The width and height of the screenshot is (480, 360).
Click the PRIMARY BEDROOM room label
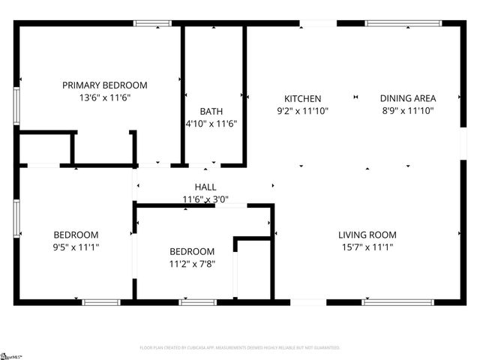pos(104,85)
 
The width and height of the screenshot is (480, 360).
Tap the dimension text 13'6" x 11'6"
pos(104,97)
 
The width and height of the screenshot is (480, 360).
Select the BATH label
pos(211,112)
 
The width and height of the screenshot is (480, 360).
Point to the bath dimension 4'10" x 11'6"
pos(211,124)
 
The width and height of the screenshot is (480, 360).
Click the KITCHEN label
pos(302,98)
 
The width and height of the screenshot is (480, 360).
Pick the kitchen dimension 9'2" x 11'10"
pos(302,110)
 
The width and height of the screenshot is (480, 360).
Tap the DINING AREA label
pos(408,98)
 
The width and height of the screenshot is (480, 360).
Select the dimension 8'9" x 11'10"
pos(408,110)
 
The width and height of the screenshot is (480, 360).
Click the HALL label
pos(205,187)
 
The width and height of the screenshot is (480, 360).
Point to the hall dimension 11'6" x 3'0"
pos(205,199)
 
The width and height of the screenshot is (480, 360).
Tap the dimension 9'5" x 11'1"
pos(75,247)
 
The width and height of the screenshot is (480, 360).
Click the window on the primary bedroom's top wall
pos(152,24)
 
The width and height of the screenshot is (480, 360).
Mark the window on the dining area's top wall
pos(397,24)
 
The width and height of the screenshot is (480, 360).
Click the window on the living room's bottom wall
pos(387,302)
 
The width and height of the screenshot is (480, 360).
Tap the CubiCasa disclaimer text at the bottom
pos(240,348)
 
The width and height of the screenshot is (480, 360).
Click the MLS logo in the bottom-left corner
pos(11,355)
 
